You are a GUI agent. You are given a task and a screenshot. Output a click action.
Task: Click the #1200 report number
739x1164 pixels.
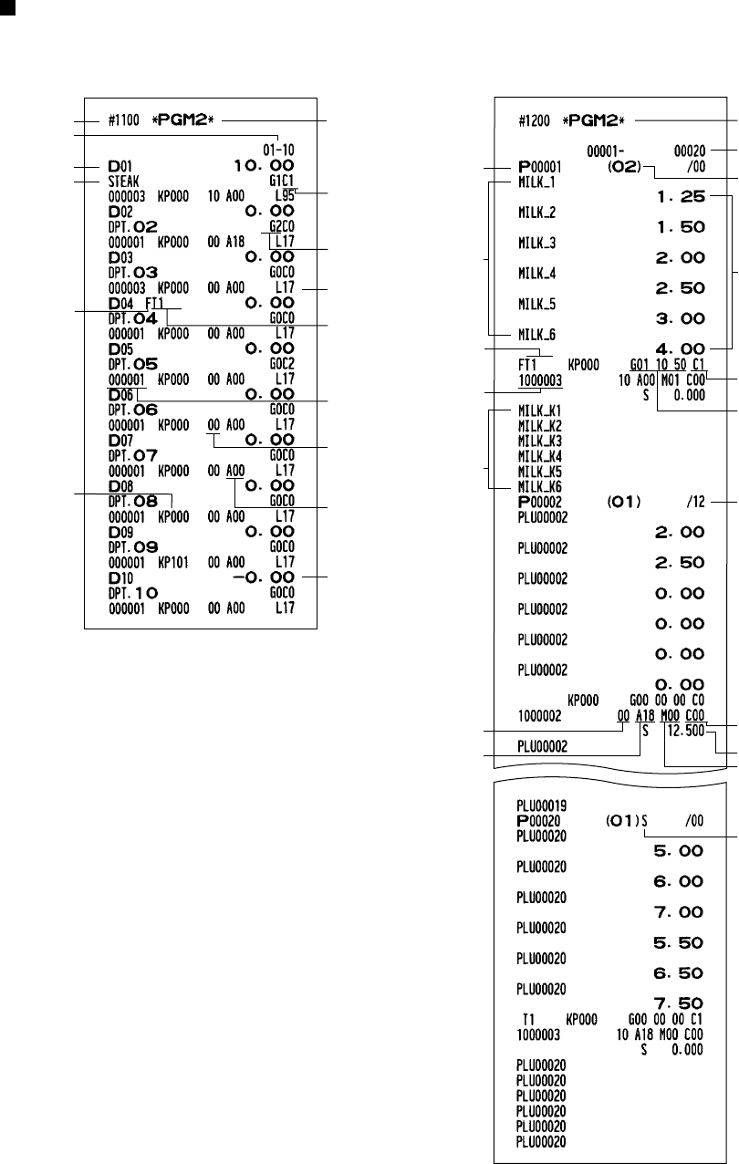point(535,120)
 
